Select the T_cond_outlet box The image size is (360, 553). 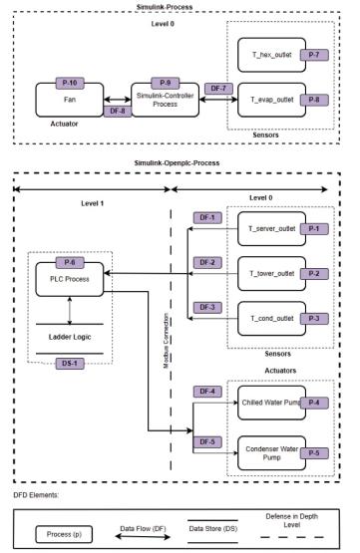[x=270, y=319]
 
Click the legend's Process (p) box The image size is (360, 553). [x=60, y=534]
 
